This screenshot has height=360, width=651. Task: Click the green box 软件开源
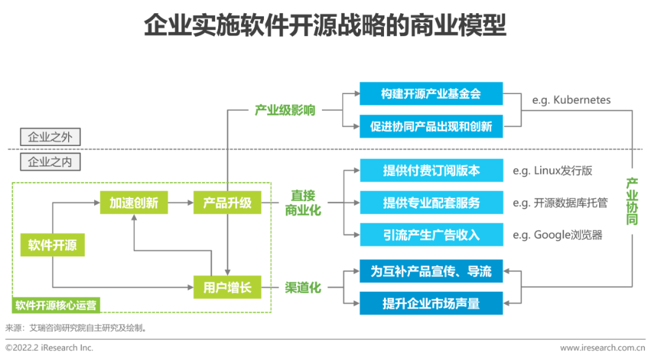[x=52, y=245]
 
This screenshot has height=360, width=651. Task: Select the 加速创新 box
[x=134, y=203]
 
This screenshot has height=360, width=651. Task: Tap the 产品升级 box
[x=227, y=203]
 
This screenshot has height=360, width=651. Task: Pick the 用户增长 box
[x=227, y=288]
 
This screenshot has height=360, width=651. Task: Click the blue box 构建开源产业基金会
[x=431, y=94]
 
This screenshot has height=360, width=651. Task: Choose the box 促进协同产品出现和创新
[x=431, y=127]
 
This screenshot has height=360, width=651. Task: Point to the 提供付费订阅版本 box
[x=431, y=171]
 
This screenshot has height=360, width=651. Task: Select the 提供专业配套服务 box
[x=431, y=203]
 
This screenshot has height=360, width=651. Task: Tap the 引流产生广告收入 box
[x=431, y=235]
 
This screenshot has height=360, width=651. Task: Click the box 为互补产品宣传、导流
[x=431, y=271]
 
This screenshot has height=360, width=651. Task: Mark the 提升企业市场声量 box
[x=431, y=303]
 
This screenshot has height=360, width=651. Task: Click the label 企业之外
[x=50, y=137]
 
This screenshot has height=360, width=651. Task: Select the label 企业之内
[x=50, y=162]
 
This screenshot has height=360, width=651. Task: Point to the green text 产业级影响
[x=285, y=110]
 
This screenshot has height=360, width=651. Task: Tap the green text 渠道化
[x=303, y=288]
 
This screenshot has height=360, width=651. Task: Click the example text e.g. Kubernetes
[x=571, y=100]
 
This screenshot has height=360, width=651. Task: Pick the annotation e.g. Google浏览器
[x=558, y=235]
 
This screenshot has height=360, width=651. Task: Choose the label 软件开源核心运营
[x=56, y=305]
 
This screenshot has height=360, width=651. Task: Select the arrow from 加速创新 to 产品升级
[x=180, y=203]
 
